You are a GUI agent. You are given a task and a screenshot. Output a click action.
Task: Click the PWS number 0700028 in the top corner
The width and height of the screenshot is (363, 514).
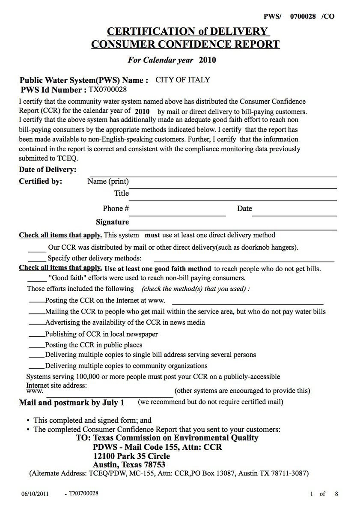click(x=303, y=16)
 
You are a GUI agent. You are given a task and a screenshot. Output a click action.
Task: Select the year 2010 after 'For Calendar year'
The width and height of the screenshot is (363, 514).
click(x=207, y=60)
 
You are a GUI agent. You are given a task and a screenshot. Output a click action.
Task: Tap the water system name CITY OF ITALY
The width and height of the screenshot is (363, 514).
click(x=182, y=80)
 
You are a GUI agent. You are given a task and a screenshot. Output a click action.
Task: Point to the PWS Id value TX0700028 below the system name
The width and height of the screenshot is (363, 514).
click(x=108, y=90)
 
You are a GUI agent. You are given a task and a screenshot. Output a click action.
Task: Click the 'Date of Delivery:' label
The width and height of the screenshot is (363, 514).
click(x=48, y=170)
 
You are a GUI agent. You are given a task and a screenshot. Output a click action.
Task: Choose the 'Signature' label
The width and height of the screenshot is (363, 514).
click(x=112, y=222)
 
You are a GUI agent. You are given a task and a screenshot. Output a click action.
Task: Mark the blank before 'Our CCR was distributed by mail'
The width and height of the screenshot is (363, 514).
click(x=37, y=250)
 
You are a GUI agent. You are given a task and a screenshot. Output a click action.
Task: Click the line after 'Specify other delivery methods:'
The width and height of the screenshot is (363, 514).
click(x=244, y=260)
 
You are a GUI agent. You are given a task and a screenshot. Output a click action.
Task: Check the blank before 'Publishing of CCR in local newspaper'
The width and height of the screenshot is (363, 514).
click(x=36, y=336)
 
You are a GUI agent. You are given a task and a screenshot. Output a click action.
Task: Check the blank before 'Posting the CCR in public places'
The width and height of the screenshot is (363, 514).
click(x=36, y=347)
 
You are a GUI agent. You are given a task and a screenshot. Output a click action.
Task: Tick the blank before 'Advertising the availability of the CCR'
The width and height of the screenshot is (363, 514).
click(x=36, y=325)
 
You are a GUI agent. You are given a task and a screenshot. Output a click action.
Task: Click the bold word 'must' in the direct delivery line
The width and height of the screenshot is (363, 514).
click(x=152, y=235)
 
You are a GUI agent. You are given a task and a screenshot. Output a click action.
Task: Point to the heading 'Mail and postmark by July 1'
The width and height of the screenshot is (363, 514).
click(x=71, y=403)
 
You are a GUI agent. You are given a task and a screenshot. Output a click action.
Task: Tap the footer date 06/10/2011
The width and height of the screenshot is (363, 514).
click(x=35, y=494)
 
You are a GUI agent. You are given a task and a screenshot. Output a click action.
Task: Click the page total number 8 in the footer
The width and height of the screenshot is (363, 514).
click(x=336, y=494)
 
